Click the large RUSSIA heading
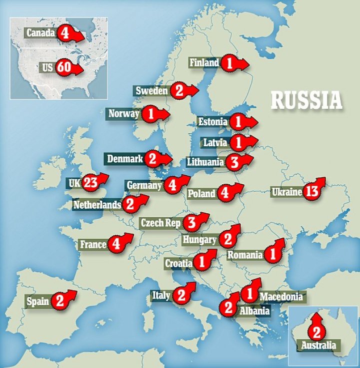coord(306,100)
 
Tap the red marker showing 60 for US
coord(64,67)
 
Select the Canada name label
coord(40,33)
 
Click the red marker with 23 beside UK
coord(90,183)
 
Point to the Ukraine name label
coord(287,192)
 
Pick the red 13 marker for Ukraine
coord(311,191)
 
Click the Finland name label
coord(204,63)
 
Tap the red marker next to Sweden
coord(179,90)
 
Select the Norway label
coord(124,114)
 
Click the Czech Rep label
coord(160,223)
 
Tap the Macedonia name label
coord(281,297)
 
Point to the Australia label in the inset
coord(318,345)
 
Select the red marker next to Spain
coord(59,301)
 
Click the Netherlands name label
coord(97,204)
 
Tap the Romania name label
coord(245,255)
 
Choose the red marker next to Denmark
coord(152,159)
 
